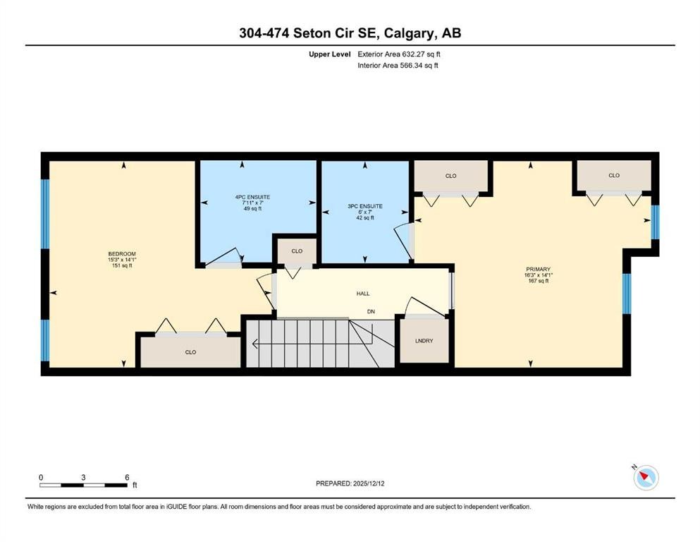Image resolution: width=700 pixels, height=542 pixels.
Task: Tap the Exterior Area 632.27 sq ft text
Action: coord(400,54)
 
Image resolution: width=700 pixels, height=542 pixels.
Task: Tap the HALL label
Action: coord(362,294)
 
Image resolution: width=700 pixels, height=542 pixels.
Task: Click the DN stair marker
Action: coord(370,311)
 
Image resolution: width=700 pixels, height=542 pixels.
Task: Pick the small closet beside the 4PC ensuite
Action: coord(297,251)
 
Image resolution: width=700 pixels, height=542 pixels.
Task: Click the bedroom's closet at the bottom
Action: coord(190,351)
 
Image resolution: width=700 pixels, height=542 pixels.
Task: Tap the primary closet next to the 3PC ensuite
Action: coord(451,176)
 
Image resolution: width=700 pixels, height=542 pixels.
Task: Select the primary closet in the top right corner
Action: coord(614,175)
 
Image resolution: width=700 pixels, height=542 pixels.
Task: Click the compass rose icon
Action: coord(646,478)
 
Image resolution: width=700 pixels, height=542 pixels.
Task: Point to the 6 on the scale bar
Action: coord(127,477)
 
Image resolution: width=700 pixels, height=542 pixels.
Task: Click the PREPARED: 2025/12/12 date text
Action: coord(349,483)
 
